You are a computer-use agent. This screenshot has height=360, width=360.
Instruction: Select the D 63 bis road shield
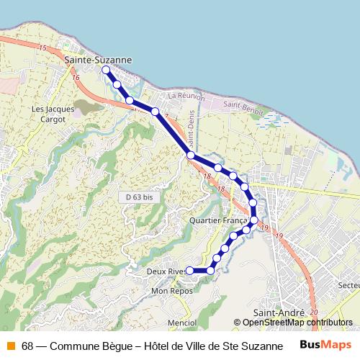135,196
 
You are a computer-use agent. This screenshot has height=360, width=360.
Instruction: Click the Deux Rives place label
166,271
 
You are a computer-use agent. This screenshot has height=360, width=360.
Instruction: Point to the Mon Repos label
169,292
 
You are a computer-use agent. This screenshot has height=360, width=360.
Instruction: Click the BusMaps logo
325,345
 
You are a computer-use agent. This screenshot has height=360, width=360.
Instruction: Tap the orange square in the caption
10,346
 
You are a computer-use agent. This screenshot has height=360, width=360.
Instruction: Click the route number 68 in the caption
27,346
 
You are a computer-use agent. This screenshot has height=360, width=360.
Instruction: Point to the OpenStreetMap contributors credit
297,323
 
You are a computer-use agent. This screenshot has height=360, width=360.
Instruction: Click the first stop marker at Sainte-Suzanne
106,70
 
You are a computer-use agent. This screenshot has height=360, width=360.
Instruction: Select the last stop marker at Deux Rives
190,271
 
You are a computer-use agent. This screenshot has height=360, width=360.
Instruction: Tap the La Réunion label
186,96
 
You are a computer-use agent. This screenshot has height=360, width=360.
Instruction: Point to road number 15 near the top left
43,48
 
